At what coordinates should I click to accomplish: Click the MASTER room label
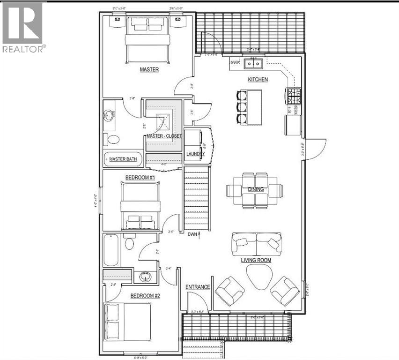click(149, 69)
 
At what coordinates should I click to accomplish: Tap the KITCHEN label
click(258, 80)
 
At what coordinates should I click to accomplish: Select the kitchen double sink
click(254, 62)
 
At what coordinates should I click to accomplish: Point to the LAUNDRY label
click(195, 154)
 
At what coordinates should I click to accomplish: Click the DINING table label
click(256, 189)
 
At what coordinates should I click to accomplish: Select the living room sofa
click(256, 243)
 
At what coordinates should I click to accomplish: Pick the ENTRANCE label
click(197, 287)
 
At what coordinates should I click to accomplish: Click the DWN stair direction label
click(192, 234)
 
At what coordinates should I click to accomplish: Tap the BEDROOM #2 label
click(145, 296)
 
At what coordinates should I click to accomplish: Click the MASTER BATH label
click(123, 159)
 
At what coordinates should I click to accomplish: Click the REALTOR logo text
click(24, 48)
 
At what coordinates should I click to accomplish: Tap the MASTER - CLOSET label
click(164, 136)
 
